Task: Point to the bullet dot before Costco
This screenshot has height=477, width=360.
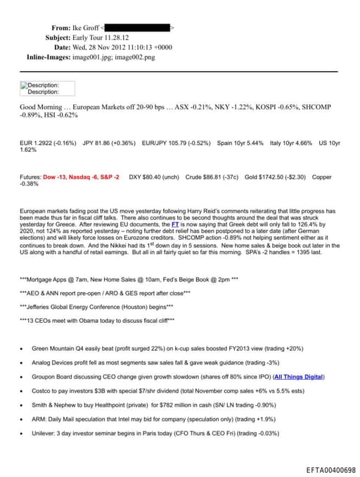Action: [x=23, y=391]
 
